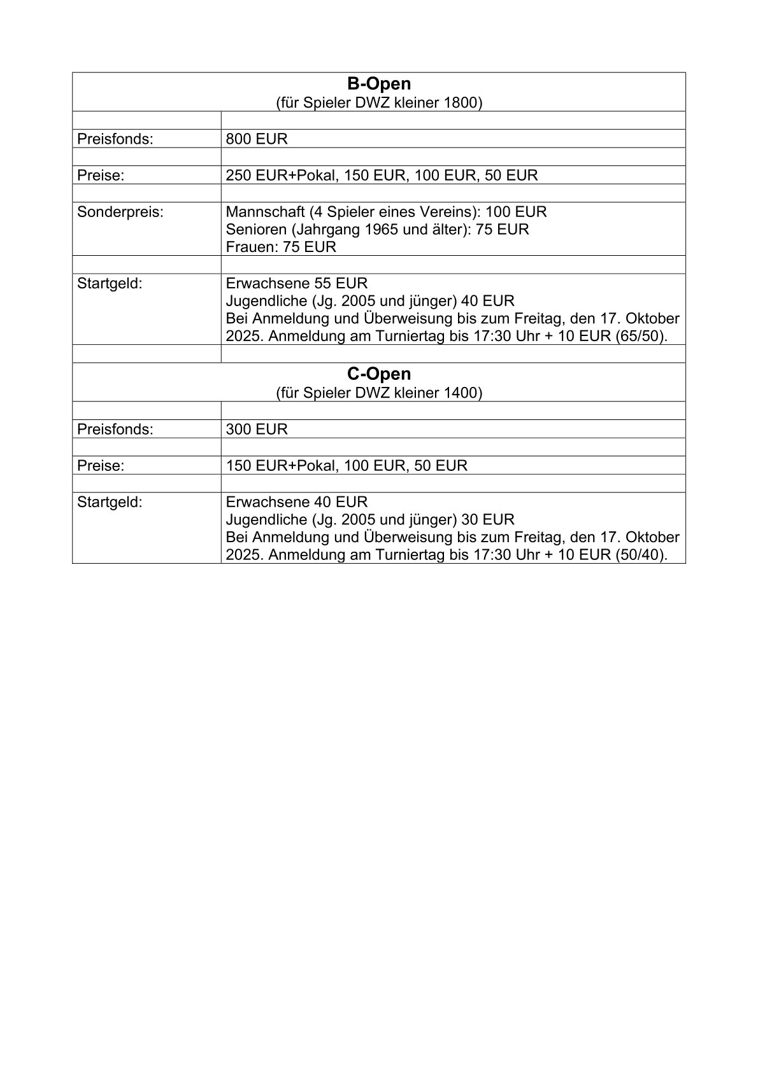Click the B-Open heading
click(379, 84)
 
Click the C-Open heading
click(379, 374)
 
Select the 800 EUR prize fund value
click(257, 139)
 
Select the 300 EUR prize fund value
click(257, 429)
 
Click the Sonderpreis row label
click(120, 212)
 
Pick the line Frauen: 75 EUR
click(281, 247)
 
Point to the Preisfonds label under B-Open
click(115, 139)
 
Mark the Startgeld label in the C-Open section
click(110, 502)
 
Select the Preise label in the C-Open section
click(101, 466)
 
